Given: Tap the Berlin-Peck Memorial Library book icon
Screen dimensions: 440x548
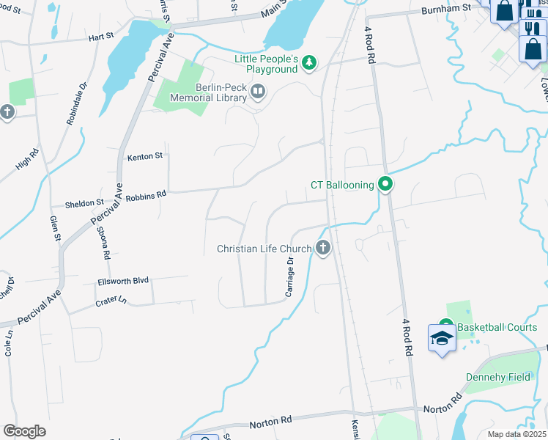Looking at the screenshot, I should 258,92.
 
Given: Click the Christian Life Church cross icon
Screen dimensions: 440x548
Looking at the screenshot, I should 322,249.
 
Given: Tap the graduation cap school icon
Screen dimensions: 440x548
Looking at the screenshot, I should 442,339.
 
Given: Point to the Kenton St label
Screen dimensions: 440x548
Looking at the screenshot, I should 144,155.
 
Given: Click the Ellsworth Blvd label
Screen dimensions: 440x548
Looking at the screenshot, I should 123,281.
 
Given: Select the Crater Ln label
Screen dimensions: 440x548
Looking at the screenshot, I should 111,301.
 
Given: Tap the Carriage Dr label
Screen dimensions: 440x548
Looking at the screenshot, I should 289,278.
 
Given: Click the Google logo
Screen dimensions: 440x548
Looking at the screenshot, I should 24,431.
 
